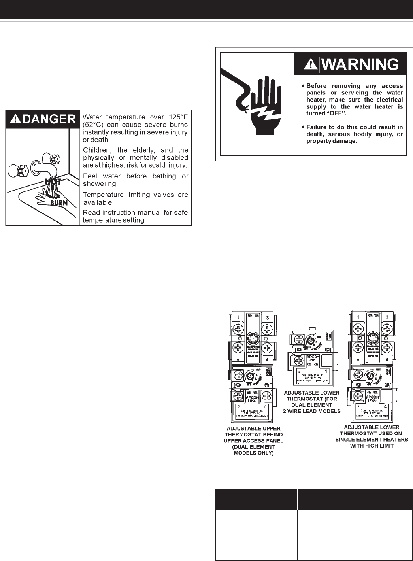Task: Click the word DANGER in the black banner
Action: click(49, 119)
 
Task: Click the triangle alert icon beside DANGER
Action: click(16, 119)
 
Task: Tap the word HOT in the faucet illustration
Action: click(53, 182)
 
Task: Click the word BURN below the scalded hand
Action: click(58, 203)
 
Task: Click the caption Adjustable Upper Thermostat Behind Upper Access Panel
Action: click(253, 440)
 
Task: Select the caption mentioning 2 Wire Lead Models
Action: click(311, 402)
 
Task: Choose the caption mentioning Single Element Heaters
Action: click(372, 436)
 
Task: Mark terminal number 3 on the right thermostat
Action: click(387, 317)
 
